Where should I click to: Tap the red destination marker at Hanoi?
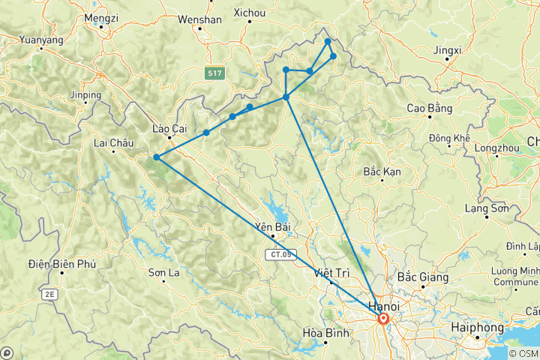(x=383, y=319)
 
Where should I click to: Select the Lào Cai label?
(x=169, y=128)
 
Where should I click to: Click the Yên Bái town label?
(x=272, y=226)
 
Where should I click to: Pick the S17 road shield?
(x=215, y=72)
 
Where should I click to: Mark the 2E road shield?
(x=49, y=295)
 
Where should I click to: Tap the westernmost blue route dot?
(x=156, y=157)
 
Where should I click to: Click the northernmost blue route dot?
(x=328, y=41)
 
